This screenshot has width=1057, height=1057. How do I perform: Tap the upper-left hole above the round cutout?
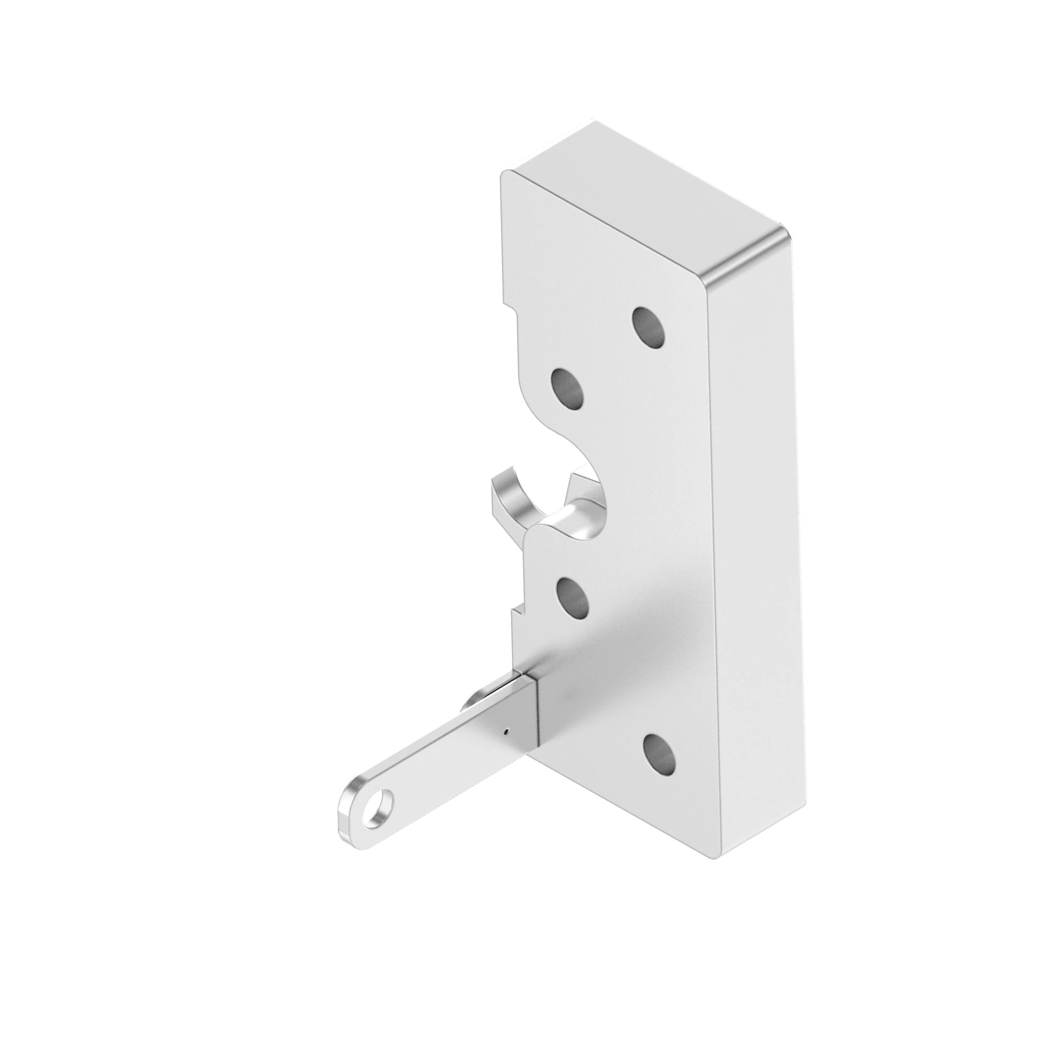click(567, 390)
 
